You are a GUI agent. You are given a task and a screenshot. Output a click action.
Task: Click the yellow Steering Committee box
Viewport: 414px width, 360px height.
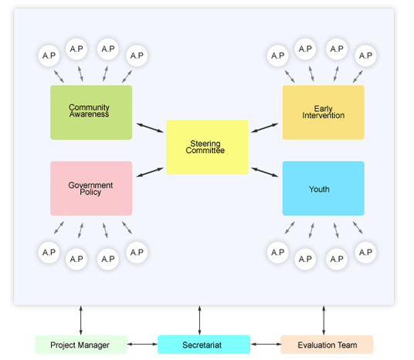207,147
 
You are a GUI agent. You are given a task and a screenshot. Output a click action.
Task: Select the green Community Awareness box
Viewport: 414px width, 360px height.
91,112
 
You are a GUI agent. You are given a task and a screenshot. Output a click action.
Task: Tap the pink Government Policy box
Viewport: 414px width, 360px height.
91,188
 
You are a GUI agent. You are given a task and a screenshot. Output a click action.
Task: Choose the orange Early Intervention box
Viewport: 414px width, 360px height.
323,112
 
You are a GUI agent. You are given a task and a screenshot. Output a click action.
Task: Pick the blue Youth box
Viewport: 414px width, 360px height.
323,188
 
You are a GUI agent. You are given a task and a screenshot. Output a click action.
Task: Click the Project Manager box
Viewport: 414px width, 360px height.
80,345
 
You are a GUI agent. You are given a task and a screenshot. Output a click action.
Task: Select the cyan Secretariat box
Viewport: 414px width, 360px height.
204,345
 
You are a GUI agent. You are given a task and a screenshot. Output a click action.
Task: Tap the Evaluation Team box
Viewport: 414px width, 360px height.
326,345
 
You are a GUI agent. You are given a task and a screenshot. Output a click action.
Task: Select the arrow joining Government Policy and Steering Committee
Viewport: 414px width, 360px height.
150,172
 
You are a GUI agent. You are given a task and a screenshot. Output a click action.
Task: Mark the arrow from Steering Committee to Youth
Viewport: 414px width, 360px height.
265,171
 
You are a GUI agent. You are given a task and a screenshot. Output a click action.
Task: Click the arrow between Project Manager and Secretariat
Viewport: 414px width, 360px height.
142,345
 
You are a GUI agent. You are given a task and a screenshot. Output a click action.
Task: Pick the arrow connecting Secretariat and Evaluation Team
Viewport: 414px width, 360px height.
265,345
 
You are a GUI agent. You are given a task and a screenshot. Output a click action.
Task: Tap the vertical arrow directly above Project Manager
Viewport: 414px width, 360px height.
80,319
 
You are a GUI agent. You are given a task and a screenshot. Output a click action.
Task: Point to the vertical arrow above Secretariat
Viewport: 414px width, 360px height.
200,319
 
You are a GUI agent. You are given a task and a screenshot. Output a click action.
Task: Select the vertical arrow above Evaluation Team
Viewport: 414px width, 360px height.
324,319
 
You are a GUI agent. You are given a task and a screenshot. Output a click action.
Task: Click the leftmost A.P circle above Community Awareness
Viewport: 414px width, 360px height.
49,56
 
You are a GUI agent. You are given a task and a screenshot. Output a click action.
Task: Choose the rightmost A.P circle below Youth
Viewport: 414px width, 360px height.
365,252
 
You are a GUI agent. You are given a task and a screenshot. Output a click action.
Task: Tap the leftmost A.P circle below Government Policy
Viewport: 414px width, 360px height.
49,252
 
